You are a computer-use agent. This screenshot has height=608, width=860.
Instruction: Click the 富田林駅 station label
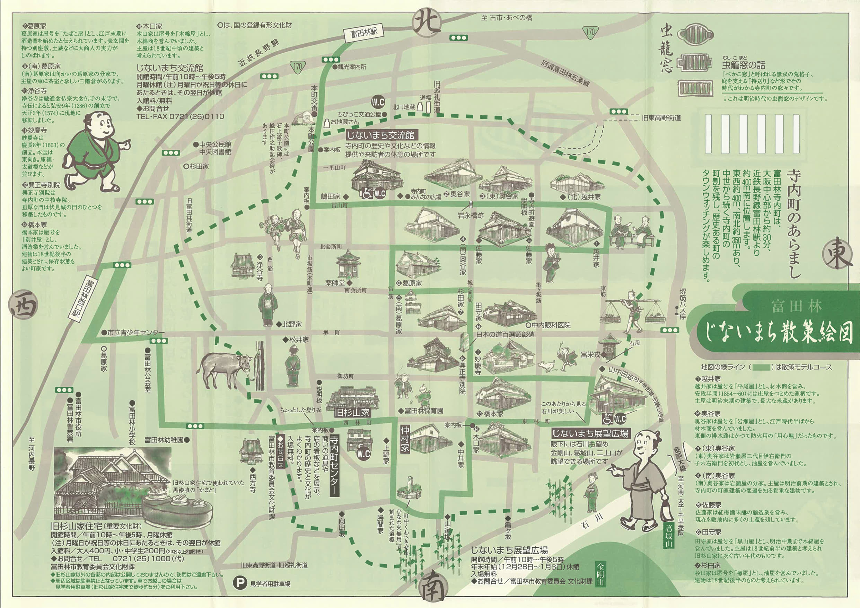tap(364, 33)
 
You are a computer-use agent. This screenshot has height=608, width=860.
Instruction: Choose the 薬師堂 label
tap(335, 282)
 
